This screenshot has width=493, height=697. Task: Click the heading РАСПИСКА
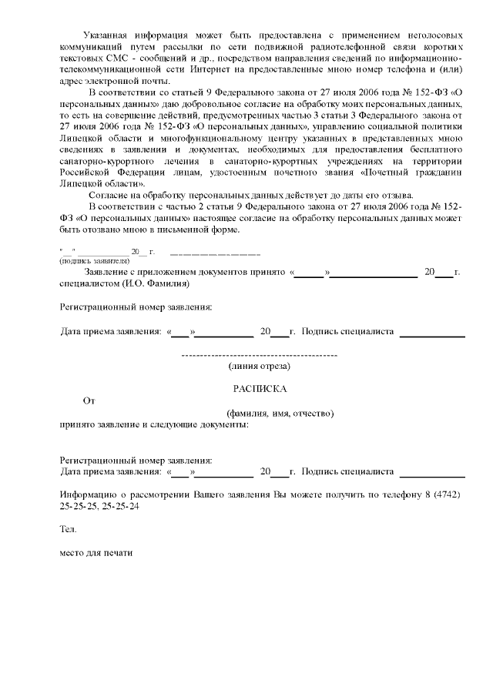260,389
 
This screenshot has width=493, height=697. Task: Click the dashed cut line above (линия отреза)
260,355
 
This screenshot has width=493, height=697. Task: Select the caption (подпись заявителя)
95,260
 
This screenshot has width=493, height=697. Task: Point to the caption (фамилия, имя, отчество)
275,413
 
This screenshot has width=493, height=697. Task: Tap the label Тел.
68,530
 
